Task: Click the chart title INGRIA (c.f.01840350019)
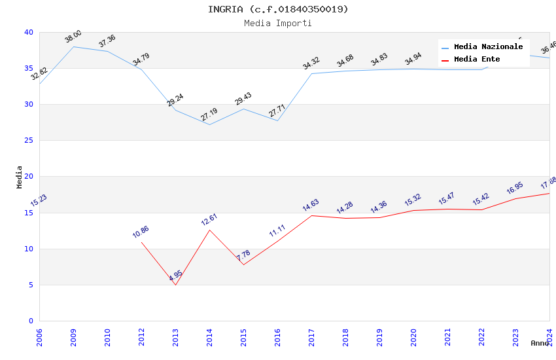point(278,9)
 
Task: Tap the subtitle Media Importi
point(278,23)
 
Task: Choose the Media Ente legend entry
point(477,60)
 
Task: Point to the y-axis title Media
point(20,177)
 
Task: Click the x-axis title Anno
point(540,343)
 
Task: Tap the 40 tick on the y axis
point(29,33)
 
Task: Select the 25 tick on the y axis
point(29,141)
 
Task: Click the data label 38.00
point(73,37)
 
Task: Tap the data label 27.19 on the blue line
point(209,115)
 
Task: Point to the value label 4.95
point(175,276)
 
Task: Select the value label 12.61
point(209,220)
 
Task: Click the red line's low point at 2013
point(175,285)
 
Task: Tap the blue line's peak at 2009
point(73,46)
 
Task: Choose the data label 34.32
point(311,63)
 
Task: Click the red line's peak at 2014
point(209,230)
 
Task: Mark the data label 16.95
point(515,189)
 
